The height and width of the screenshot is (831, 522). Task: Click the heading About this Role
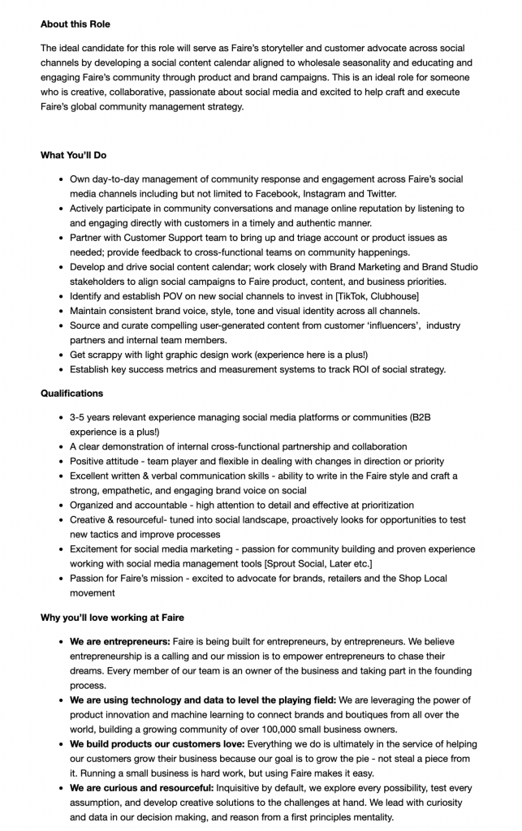click(x=75, y=24)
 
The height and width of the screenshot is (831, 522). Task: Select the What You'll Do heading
click(x=73, y=155)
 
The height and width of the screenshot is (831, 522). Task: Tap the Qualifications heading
click(x=71, y=394)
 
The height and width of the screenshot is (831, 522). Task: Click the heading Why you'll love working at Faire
click(x=112, y=618)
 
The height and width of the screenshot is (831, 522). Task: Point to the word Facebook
click(x=275, y=194)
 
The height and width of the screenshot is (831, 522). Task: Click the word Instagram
click(x=327, y=194)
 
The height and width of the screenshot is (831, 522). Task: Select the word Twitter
click(x=378, y=194)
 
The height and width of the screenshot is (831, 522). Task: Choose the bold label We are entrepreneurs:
click(x=119, y=642)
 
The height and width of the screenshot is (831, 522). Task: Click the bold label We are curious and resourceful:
click(x=141, y=788)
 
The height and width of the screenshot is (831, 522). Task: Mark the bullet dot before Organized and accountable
click(x=62, y=506)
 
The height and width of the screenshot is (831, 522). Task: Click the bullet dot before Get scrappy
click(x=62, y=355)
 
